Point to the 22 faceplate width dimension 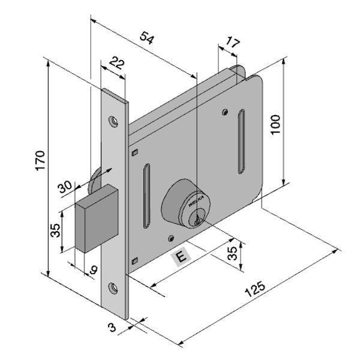click(x=118, y=64)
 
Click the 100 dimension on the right click(x=275, y=123)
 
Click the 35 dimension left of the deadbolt click(x=53, y=231)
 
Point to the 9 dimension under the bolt click(x=92, y=270)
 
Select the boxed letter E click(x=181, y=257)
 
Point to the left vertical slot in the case click(x=145, y=196)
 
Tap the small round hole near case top click(x=224, y=111)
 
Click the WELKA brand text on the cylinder click(x=196, y=203)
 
